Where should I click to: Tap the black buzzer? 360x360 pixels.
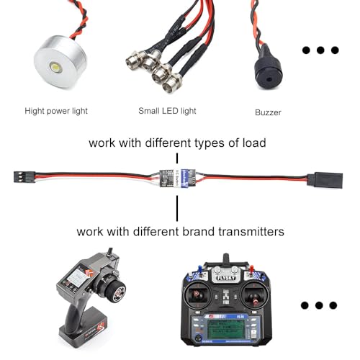pyautogui.click(x=267, y=72)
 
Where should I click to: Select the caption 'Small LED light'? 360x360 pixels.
pyautogui.click(x=167, y=111)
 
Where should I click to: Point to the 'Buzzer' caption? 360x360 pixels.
pyautogui.click(x=268, y=112)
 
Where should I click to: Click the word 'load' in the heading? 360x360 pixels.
pyautogui.click(x=251, y=143)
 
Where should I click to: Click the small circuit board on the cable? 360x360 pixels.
pyautogui.click(x=177, y=177)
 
